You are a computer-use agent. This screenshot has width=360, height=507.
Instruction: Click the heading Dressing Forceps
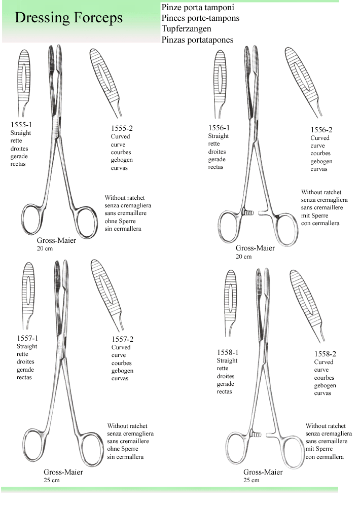[68, 18]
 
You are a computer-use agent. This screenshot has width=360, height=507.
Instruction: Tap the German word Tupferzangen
[186, 29]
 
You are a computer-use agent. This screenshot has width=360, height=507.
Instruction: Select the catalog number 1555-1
[21, 125]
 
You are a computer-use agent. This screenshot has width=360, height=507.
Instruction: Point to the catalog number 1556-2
[321, 130]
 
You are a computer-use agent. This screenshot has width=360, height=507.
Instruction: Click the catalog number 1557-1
[27, 338]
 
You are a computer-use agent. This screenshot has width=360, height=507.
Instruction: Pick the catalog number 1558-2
[325, 354]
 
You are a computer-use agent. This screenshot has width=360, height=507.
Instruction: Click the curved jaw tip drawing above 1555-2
[105, 83]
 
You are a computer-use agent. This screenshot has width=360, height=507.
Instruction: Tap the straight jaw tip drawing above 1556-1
[220, 84]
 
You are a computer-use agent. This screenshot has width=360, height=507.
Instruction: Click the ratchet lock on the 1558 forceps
[255, 434]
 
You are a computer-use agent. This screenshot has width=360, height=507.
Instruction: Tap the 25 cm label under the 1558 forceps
[251, 480]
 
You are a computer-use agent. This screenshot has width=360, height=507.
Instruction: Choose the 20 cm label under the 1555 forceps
[45, 248]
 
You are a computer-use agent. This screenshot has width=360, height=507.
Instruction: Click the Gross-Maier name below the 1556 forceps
[255, 248]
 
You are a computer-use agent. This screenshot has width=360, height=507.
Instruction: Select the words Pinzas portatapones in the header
[198, 40]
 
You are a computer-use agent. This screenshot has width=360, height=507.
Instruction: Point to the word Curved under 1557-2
[121, 347]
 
